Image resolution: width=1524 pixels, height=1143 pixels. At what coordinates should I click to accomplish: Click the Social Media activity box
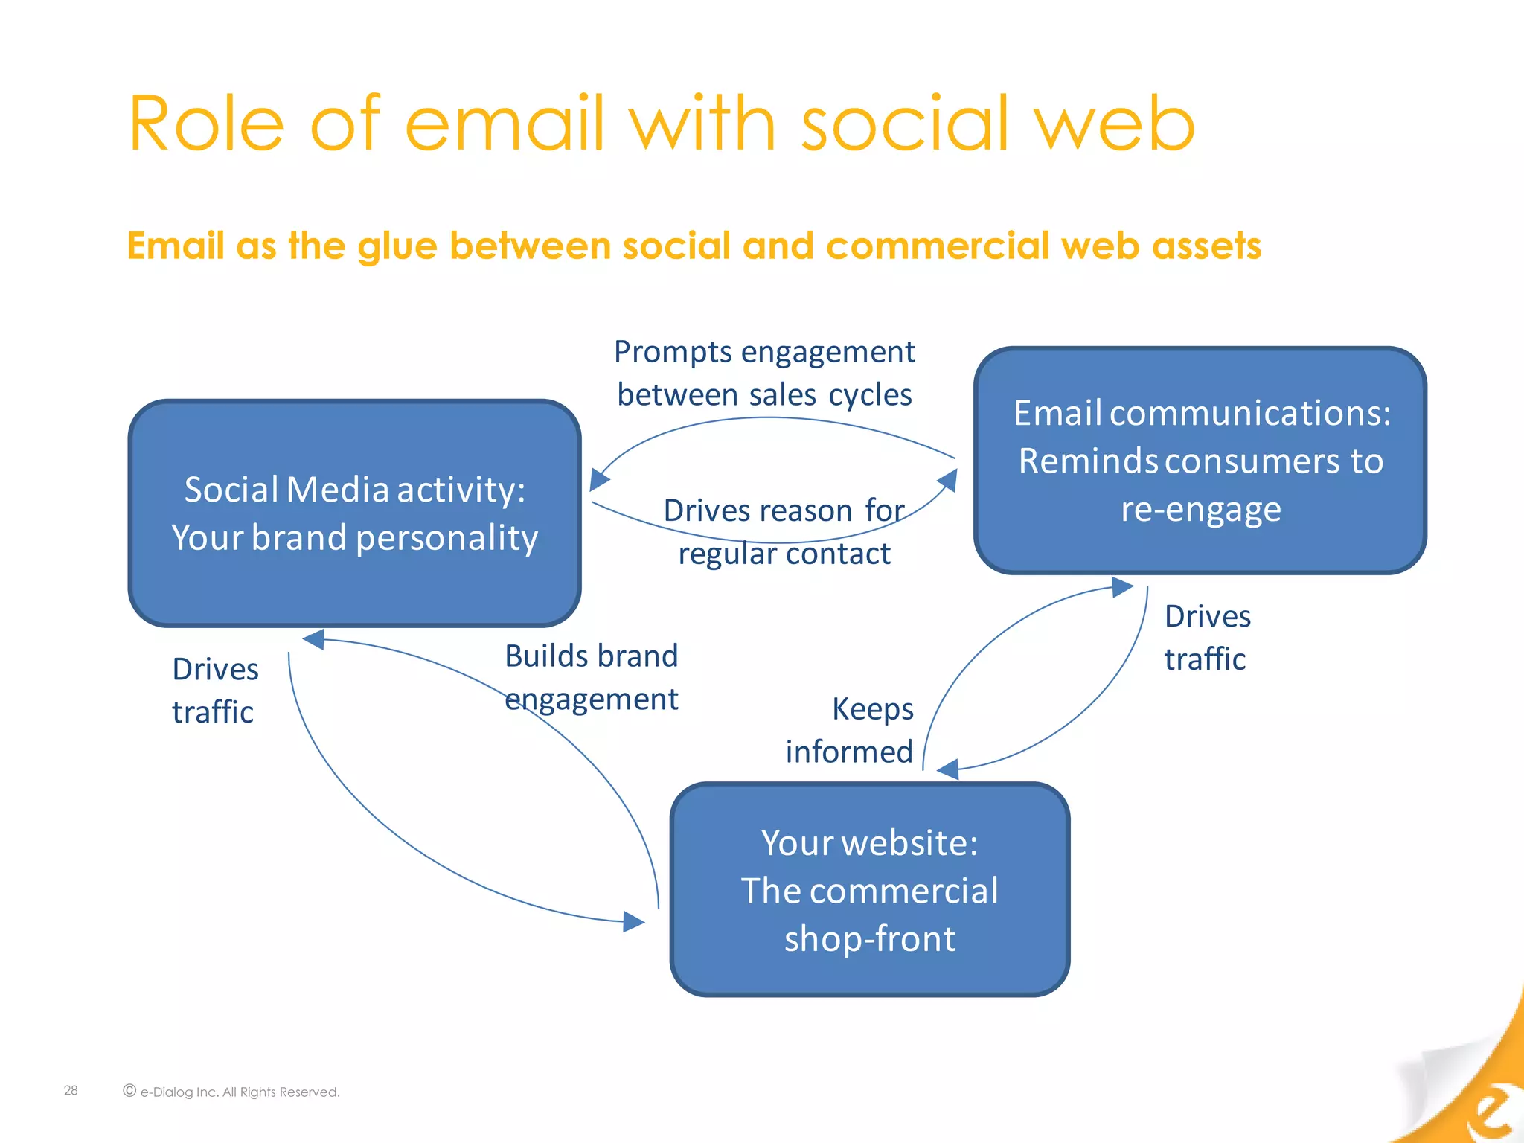pos(354,513)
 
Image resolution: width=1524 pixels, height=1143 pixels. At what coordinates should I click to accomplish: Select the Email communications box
pos(1200,461)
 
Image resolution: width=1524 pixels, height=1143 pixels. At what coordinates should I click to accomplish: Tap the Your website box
pos(869,889)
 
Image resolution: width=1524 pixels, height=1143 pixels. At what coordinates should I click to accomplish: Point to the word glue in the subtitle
pos(397,246)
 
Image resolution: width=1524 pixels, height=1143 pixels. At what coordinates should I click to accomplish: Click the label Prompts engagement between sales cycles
pos(764,373)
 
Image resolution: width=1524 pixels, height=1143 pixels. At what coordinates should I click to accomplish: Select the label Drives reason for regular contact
pos(784,532)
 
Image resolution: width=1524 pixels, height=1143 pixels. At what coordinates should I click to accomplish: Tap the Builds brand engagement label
pos(591,677)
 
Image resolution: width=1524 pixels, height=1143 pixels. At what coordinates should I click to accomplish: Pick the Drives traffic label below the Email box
pos(1207,638)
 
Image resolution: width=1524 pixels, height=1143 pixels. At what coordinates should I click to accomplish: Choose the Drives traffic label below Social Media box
pos(215,691)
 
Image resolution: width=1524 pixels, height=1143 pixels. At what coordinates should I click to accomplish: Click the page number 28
pos(71,1090)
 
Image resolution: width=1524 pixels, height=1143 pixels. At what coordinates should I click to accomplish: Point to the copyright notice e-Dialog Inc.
pos(231,1092)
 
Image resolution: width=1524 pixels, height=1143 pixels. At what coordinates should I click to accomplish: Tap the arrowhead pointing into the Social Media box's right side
pos(599,480)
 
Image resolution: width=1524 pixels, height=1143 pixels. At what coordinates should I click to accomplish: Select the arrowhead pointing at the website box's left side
pos(634,922)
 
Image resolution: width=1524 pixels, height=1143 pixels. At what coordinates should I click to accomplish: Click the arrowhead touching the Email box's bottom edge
pos(1121,587)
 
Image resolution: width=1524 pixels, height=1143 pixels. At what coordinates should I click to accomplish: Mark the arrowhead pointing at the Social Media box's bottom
pos(314,639)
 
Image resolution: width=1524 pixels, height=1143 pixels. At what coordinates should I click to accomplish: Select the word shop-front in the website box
pos(869,938)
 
